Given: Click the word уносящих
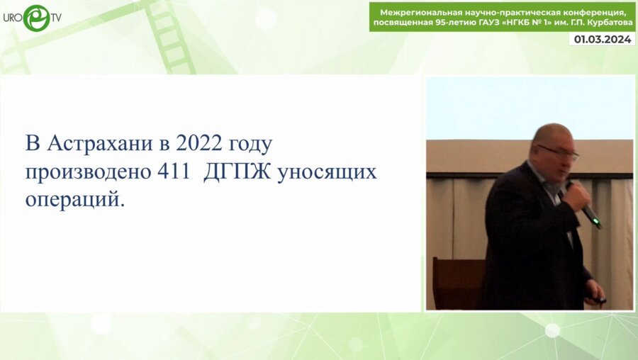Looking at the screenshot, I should (x=327, y=172).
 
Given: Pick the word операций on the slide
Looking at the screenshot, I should (x=74, y=200).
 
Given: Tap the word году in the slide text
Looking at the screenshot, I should (x=249, y=145).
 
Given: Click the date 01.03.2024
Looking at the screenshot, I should (x=603, y=40).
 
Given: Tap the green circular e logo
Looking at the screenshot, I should (x=36, y=18).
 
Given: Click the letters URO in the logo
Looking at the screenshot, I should (x=13, y=17).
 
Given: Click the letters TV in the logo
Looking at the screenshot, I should (x=55, y=17).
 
